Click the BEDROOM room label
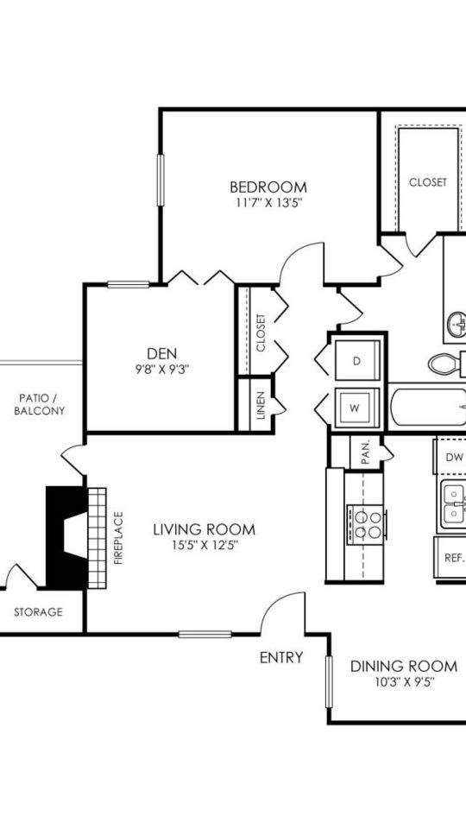(268, 187)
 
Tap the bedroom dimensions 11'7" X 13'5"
(268, 204)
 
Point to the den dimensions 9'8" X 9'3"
(161, 368)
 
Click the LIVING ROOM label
(205, 528)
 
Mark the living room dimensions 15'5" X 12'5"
(205, 545)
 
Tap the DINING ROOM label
(403, 666)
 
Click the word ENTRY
(281, 658)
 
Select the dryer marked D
(356, 361)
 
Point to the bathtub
(427, 407)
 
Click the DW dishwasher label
(454, 457)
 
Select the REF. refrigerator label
(454, 558)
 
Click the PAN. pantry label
(364, 452)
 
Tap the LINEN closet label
(261, 406)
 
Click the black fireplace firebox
(66, 535)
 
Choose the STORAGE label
(37, 612)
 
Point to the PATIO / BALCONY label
(40, 404)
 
